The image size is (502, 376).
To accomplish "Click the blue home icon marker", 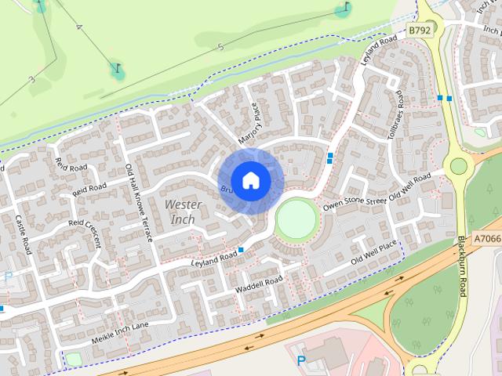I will coord(251,181).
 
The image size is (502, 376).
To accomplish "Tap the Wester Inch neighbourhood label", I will coord(184,211).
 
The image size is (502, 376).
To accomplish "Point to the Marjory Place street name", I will coord(254,121).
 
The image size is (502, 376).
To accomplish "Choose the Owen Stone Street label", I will coord(355,203).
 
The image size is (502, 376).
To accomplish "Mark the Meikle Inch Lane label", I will coord(119,331).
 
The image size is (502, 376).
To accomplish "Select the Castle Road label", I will coord(23,235).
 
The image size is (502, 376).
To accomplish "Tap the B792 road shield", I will coord(420,29).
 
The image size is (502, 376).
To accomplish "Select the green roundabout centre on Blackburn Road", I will coord(457,165).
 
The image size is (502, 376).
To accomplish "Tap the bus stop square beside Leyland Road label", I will coord(241,250).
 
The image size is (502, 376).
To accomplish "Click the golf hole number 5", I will coord(220,48).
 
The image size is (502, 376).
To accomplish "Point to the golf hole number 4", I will coord(78,27).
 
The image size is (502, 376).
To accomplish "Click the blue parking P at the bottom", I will coord(300,361).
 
